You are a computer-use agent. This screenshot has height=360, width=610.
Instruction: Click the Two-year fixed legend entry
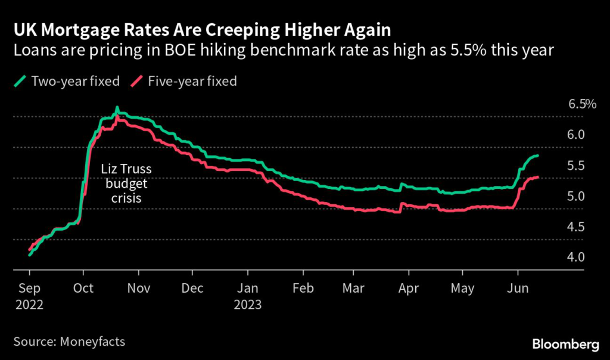[69, 80]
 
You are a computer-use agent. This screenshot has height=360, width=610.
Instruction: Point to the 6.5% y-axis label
[582, 104]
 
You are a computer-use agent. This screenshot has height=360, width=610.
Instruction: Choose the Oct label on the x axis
[83, 288]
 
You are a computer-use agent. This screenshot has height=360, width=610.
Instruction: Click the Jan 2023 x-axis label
[248, 296]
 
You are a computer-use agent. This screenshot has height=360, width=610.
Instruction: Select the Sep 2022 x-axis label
[29, 296]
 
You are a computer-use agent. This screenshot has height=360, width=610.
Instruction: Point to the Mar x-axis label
[355, 288]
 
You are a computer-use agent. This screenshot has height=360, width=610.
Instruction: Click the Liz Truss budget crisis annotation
[124, 184]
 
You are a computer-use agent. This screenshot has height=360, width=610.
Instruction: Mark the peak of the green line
[117, 108]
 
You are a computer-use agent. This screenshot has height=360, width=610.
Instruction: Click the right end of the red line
[539, 177]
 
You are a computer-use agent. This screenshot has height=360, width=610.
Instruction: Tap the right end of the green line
[539, 156]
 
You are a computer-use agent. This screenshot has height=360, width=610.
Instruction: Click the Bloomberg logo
[565, 344]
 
